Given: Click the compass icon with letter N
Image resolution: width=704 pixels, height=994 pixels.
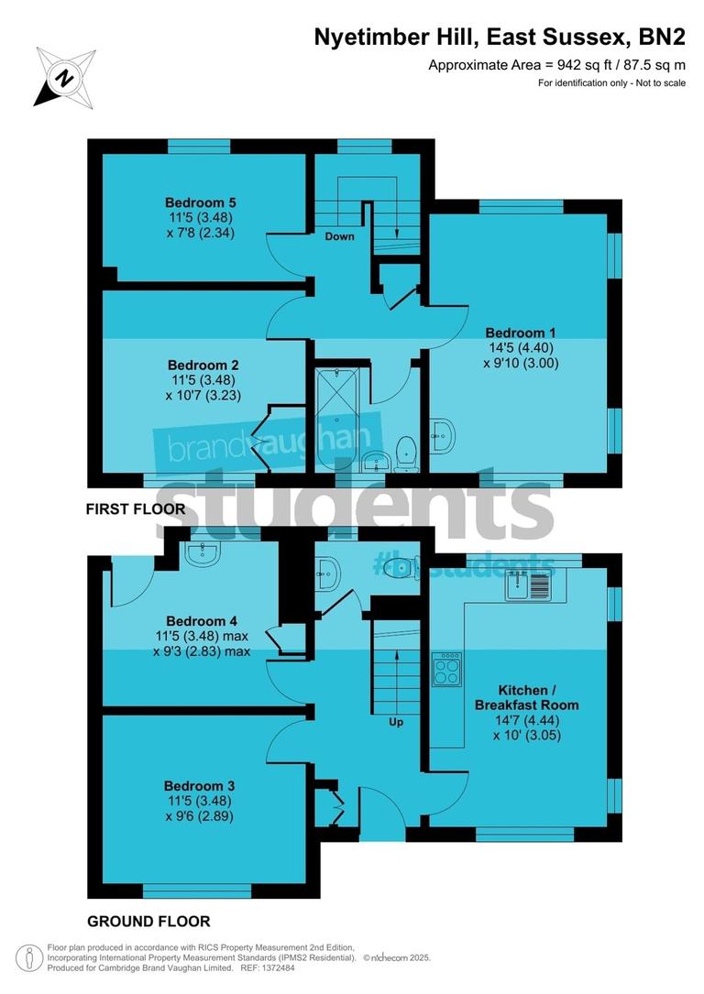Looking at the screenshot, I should [x=65, y=77].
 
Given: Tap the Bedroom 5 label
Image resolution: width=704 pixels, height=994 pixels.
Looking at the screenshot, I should [x=194, y=202].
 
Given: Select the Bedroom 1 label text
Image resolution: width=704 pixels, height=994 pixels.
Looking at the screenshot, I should [x=520, y=333].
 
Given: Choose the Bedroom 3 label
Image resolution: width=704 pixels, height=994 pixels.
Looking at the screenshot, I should [x=199, y=786].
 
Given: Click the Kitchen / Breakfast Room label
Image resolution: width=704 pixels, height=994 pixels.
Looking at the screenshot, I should [x=526, y=697].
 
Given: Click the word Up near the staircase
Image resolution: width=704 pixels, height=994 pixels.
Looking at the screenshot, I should [x=396, y=722].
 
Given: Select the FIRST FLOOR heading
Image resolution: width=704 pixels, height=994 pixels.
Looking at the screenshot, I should [x=135, y=508].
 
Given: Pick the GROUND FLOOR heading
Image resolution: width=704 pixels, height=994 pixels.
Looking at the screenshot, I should [x=148, y=922].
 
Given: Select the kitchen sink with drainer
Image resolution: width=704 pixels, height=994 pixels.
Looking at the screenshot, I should [x=529, y=584].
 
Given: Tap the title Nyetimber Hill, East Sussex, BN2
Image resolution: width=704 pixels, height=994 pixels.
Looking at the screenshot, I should [x=500, y=37].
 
